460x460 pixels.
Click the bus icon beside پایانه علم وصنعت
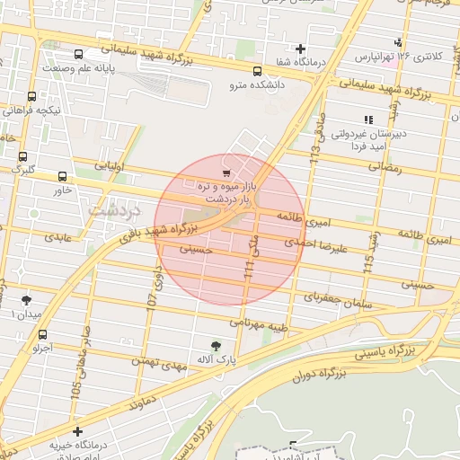(79, 55)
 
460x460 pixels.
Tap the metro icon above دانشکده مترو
(258, 71)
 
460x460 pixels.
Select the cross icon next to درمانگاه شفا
(300, 49)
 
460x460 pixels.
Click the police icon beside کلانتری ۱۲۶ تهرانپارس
(398, 42)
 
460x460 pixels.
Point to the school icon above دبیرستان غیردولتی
(367, 119)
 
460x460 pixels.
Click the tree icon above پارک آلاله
(215, 346)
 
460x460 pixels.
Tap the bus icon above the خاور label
(62, 177)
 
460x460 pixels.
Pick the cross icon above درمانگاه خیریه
(77, 431)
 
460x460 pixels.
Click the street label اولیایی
(99, 167)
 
